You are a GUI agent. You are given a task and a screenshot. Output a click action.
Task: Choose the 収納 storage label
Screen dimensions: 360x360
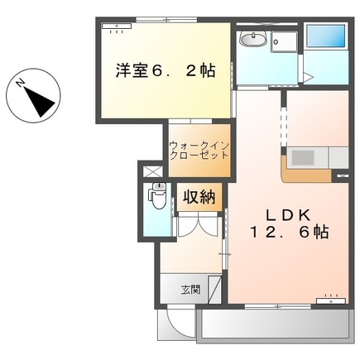(199, 197)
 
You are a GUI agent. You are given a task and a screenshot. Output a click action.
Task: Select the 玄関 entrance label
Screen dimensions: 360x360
(191, 290)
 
